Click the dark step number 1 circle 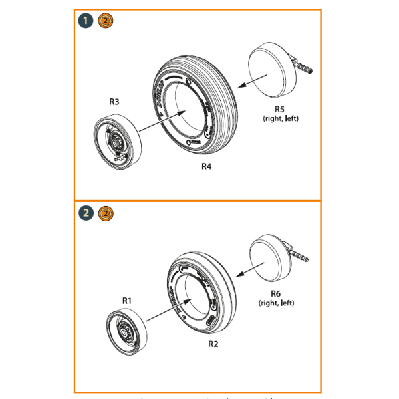tap(87, 22)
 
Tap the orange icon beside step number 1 tap(105, 22)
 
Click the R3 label tap(114, 102)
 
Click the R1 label tap(127, 301)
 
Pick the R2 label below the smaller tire tap(213, 344)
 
